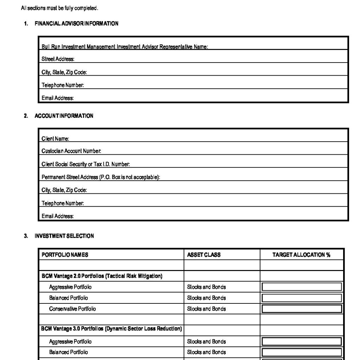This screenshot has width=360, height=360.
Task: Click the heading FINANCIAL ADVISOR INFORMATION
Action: (x=76, y=24)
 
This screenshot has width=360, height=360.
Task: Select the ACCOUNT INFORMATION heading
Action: (x=64, y=116)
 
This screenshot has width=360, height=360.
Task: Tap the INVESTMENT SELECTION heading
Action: (x=64, y=236)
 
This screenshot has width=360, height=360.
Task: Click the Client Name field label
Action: (x=55, y=139)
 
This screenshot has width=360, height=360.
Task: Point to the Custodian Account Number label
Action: (x=71, y=151)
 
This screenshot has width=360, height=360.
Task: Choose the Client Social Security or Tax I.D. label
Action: (x=86, y=164)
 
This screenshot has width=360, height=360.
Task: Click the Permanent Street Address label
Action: (x=101, y=177)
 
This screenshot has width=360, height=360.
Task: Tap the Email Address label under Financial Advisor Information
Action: (x=58, y=98)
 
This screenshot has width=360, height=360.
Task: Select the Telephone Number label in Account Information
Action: (x=63, y=203)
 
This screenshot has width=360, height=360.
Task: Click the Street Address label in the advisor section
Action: (x=58, y=59)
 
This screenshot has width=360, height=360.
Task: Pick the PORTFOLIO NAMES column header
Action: (x=65, y=255)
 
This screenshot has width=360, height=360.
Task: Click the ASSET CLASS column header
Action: (x=204, y=255)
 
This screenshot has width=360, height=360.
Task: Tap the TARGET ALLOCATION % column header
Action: (x=301, y=255)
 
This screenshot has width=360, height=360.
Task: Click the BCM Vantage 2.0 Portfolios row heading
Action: (x=102, y=276)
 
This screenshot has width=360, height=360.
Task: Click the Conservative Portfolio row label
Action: (x=72, y=309)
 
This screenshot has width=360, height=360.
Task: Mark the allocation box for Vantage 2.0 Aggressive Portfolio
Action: (x=302, y=287)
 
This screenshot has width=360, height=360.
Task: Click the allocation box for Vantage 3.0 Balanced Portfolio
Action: (x=302, y=352)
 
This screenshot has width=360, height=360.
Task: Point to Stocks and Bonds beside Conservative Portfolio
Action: (x=206, y=309)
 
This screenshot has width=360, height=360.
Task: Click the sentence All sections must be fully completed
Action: (x=59, y=8)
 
